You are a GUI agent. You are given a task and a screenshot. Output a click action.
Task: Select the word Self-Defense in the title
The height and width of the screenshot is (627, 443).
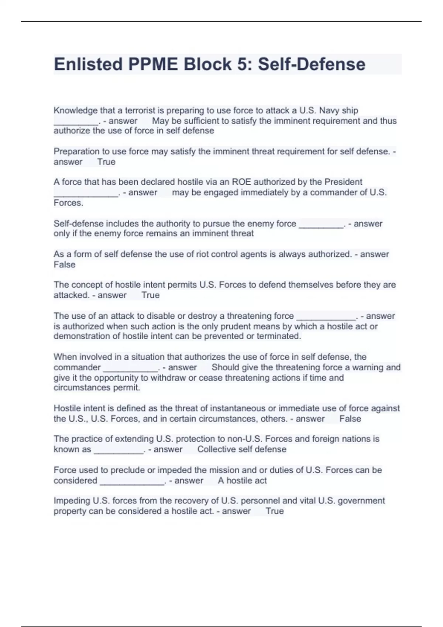click(312, 64)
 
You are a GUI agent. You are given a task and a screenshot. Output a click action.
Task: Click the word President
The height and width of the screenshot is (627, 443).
click(343, 182)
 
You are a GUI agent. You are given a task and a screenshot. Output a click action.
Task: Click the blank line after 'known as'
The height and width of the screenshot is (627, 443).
click(119, 451)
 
